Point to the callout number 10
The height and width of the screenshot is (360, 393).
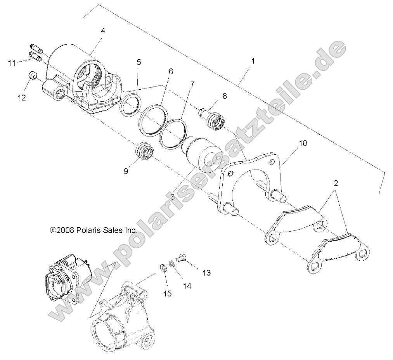pos(302,143)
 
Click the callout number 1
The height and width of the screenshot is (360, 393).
pos(253,61)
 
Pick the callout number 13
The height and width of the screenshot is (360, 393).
pos(206,273)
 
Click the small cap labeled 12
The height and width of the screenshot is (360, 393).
pos(33,75)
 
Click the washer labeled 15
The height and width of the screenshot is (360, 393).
pos(163,267)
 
